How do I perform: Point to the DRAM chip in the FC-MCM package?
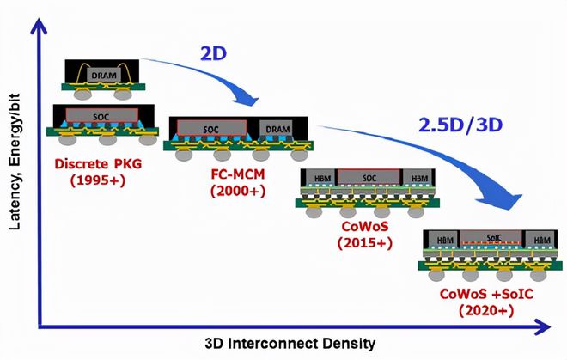click(278, 129)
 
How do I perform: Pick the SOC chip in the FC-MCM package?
click(210, 129)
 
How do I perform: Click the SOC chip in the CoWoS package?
click(370, 178)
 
